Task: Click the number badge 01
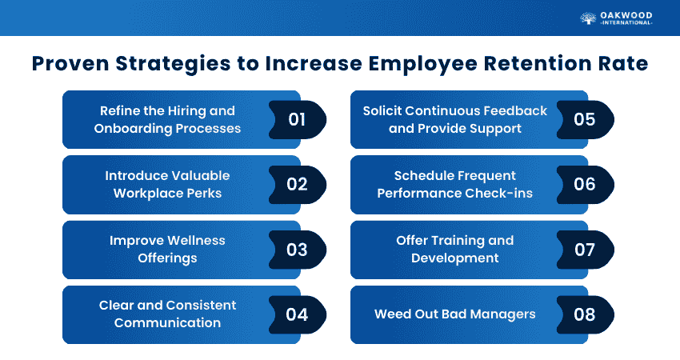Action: [297, 120]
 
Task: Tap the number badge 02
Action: [297, 185]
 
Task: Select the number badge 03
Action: [297, 250]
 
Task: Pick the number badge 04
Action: [297, 314]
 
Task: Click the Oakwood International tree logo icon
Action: [589, 18]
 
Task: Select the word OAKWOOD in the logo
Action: [627, 14]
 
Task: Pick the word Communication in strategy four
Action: [167, 322]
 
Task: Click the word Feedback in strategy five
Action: [516, 110]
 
